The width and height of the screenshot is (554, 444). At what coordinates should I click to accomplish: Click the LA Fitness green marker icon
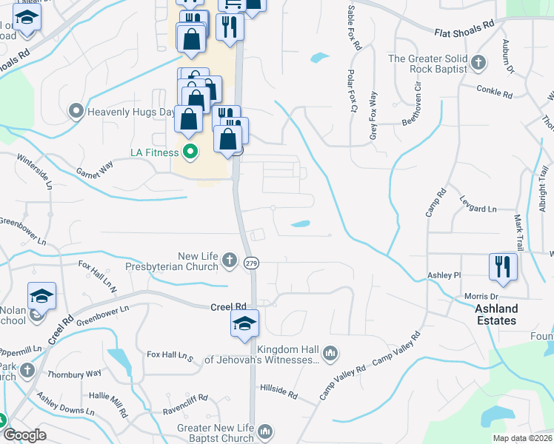coord(190,153)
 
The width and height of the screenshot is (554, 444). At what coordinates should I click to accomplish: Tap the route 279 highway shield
coord(251,263)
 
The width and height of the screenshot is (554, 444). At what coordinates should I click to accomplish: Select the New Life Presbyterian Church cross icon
coord(230,260)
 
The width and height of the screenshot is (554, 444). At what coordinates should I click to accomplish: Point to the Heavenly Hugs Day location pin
coord(76,112)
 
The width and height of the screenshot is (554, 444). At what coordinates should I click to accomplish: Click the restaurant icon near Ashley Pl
coord(503,266)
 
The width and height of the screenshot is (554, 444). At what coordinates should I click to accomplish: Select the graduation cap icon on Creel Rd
coord(244,323)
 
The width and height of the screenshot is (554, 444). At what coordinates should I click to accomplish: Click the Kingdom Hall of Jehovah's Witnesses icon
coord(330,353)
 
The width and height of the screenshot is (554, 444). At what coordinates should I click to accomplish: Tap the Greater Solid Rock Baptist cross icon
coord(478,63)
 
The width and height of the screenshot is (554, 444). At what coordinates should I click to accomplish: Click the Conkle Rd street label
coord(496,95)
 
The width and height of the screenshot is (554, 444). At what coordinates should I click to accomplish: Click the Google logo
coord(24,435)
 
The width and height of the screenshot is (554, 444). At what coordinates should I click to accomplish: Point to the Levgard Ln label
coord(478,209)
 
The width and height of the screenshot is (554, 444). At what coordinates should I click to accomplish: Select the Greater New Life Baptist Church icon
coord(266,431)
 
